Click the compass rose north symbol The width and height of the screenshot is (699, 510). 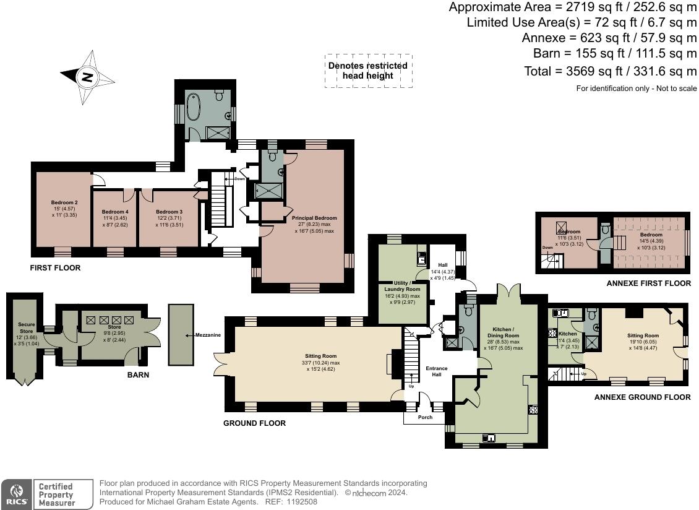click(88, 77)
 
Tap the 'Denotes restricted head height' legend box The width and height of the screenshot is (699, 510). click(368, 71)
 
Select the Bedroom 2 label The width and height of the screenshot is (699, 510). click(64, 203)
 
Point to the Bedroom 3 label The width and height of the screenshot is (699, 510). click(168, 212)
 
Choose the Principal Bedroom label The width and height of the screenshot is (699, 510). click(314, 218)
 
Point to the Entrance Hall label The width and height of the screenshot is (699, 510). click(436, 372)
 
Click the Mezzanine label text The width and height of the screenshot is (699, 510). click(208, 335)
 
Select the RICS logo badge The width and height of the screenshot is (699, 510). click(15, 494)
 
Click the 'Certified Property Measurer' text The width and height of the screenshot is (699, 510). click(56, 495)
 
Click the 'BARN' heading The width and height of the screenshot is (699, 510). click(138, 374)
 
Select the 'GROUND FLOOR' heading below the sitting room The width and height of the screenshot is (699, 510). click(254, 423)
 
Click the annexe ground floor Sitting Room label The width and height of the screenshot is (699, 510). click(642, 335)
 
